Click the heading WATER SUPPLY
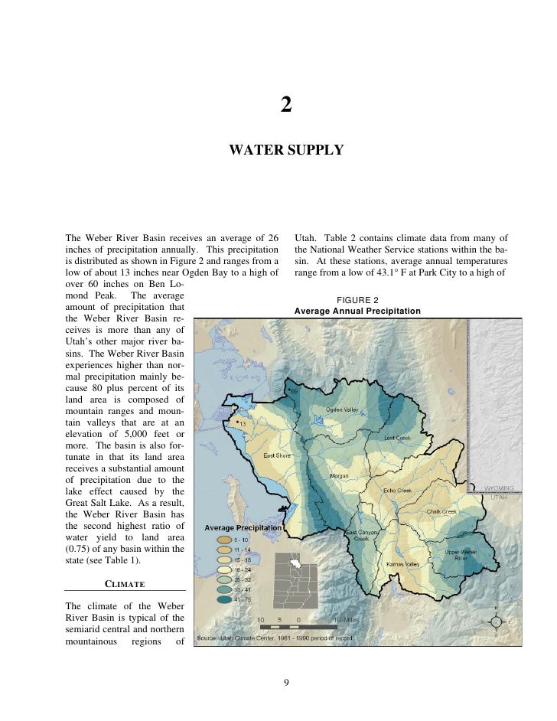pyautogui.click(x=285, y=150)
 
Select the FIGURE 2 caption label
pyautogui.click(x=357, y=300)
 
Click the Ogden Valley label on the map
pyautogui.click(x=342, y=409)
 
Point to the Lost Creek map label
pyautogui.click(x=397, y=437)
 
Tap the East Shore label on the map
pyautogui.click(x=277, y=455)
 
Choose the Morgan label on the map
pyautogui.click(x=339, y=475)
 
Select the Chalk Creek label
pyautogui.click(x=441, y=511)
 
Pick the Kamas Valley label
pyautogui.click(x=402, y=564)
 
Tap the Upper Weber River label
pyautogui.click(x=461, y=554)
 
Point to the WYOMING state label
pyautogui.click(x=499, y=488)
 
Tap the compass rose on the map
pyautogui.click(x=495, y=621)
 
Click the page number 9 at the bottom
pyautogui.click(x=285, y=682)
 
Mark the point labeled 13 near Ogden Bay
pyautogui.click(x=237, y=422)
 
